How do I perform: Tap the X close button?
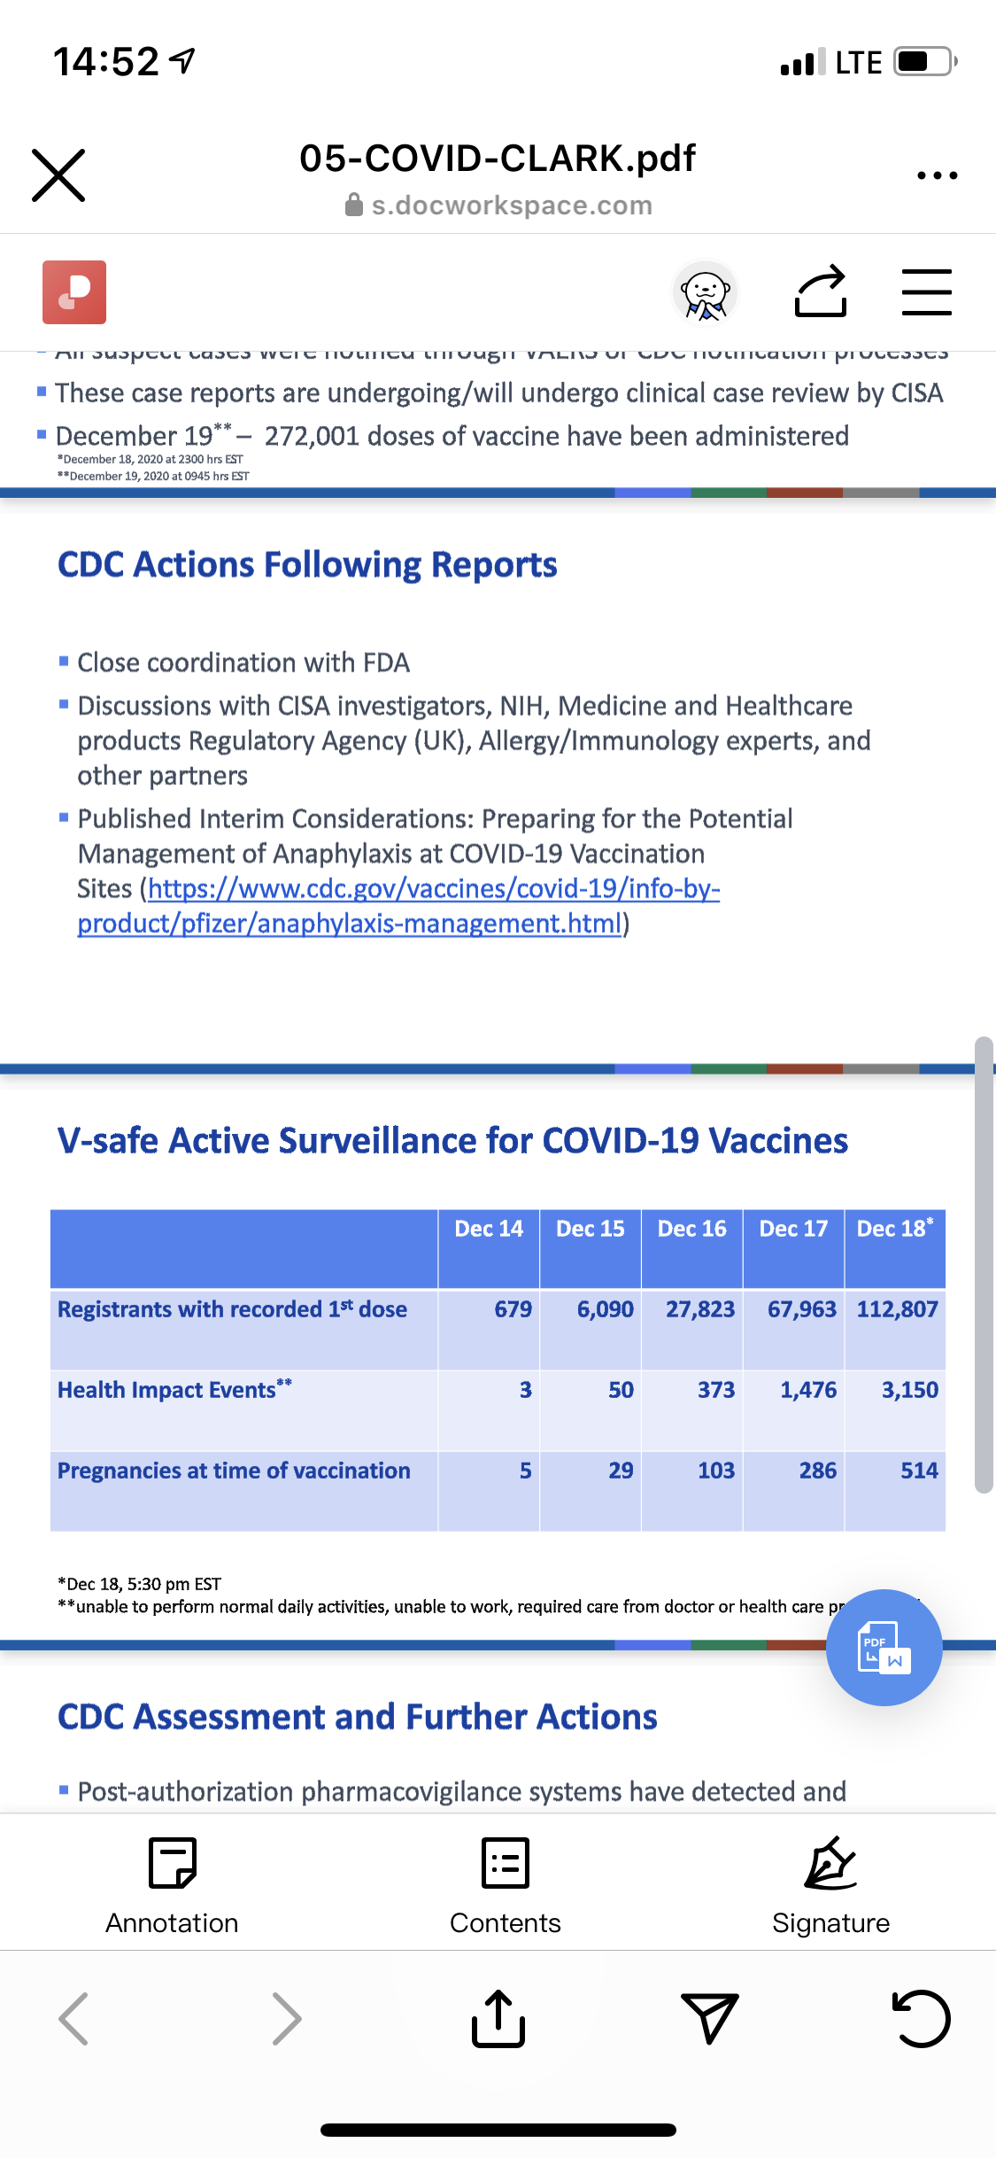pyautogui.click(x=58, y=175)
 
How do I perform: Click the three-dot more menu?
pyautogui.click(x=937, y=175)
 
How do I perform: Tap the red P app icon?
pyautogui.click(x=74, y=292)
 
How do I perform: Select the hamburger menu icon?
pyautogui.click(x=926, y=292)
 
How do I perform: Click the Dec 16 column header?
pyautogui.click(x=691, y=1229)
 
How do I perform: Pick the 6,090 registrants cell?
pyautogui.click(x=606, y=1309)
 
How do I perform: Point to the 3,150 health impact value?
pyautogui.click(x=909, y=1390)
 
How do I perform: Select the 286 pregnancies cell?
pyautogui.click(x=817, y=1471)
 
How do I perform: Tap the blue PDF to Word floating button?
pyautogui.click(x=884, y=1648)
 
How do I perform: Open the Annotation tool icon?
pyautogui.click(x=173, y=1863)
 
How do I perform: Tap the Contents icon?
pyautogui.click(x=505, y=1863)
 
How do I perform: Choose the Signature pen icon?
pyautogui.click(x=830, y=1863)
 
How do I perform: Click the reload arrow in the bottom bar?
pyautogui.click(x=921, y=2019)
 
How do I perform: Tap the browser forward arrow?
pyautogui.click(x=286, y=2019)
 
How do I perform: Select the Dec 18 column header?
pyautogui.click(x=894, y=1229)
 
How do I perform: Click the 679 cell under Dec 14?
pyautogui.click(x=513, y=1309)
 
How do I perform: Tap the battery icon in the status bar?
pyautogui.click(x=923, y=62)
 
